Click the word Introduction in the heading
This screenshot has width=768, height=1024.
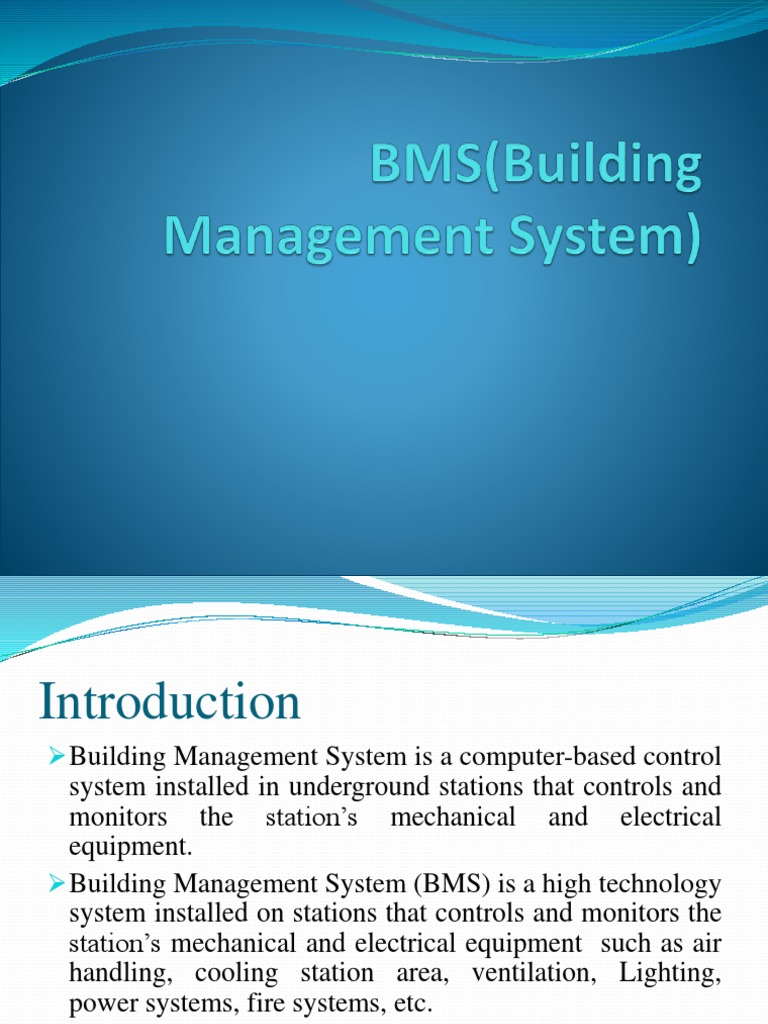point(170,702)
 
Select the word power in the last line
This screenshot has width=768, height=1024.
point(99,1003)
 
